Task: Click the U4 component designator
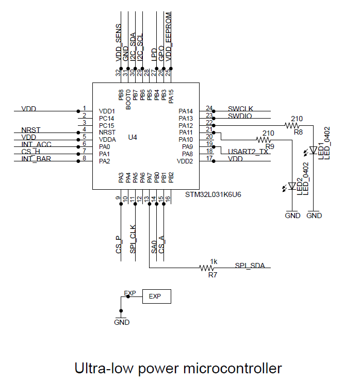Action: click(x=133, y=137)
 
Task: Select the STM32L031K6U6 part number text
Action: click(x=214, y=195)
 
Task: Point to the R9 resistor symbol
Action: click(x=264, y=140)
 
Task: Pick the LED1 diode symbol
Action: click(x=313, y=150)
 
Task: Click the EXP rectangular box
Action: click(x=156, y=296)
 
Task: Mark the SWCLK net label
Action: click(x=240, y=109)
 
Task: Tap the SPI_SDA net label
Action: click(x=250, y=266)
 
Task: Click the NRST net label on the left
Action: click(x=31, y=129)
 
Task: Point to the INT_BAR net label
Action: click(x=36, y=158)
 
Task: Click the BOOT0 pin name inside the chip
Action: click(x=128, y=98)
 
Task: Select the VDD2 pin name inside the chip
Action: click(x=185, y=161)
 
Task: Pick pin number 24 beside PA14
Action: click(x=209, y=108)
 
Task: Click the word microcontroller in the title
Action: click(x=232, y=369)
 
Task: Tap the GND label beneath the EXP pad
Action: click(x=122, y=322)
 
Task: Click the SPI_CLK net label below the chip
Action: click(x=133, y=239)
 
